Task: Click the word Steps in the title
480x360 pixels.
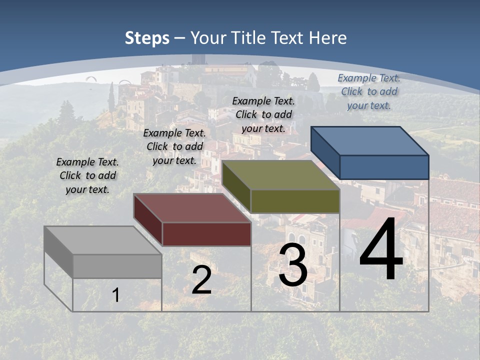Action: [x=147, y=38]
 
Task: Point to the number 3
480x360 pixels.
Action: [x=293, y=265]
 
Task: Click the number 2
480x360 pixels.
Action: [x=201, y=280]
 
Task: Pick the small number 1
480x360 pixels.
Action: [x=115, y=295]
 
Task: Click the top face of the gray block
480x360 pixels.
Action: [x=102, y=240]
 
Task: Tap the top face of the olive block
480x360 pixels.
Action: [x=280, y=175]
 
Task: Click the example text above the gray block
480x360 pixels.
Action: [x=87, y=175]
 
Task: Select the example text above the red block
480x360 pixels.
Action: [x=174, y=146]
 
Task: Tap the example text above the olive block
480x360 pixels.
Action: [x=263, y=114]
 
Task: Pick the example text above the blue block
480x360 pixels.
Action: [x=369, y=91]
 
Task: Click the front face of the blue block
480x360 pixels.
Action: [x=384, y=167]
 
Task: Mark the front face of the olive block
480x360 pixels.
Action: [x=295, y=201]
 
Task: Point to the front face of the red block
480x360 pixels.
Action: [x=206, y=234]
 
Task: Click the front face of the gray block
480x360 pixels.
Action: [x=117, y=266]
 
